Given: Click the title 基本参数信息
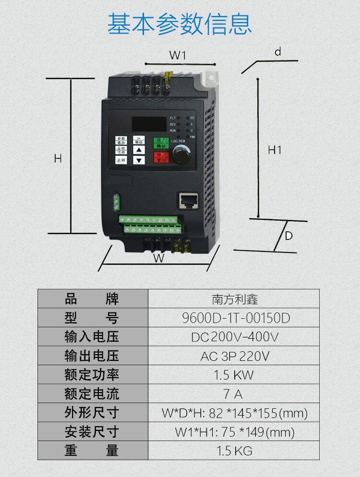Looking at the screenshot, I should [x=180, y=24].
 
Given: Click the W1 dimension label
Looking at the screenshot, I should [x=177, y=56].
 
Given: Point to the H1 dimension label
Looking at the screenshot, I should [x=275, y=150].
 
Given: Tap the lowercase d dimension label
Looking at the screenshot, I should [x=278, y=52].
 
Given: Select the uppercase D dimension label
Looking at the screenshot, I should [x=288, y=236].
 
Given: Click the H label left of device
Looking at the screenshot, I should [x=58, y=158].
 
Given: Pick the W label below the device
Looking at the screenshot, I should [x=158, y=258].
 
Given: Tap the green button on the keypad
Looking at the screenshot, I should [x=161, y=143].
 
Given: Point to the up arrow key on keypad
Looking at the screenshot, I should [x=139, y=150].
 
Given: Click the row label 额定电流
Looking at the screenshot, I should [x=92, y=394].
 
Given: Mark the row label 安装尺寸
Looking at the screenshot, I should [x=92, y=431].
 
